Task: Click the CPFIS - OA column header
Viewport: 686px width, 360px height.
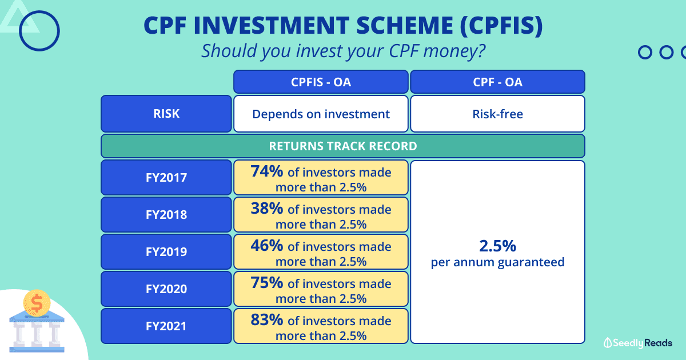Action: click(x=321, y=82)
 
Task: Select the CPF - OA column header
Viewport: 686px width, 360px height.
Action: click(x=497, y=82)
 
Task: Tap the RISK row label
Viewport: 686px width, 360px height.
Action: click(x=166, y=114)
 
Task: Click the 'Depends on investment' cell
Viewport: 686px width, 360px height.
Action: click(x=321, y=114)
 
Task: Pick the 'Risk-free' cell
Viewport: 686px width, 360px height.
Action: click(x=497, y=114)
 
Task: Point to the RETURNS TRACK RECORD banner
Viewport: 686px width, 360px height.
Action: click(x=343, y=146)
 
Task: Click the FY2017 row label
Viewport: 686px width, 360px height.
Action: click(x=166, y=178)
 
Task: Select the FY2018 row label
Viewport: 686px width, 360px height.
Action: click(x=166, y=215)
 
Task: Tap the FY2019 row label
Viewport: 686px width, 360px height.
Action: click(x=166, y=252)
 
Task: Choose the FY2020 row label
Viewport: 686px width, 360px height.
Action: click(x=166, y=289)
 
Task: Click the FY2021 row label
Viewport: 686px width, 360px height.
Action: click(x=166, y=326)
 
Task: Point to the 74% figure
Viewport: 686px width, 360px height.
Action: click(x=266, y=171)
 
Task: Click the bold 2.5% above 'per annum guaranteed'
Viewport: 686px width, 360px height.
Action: click(x=497, y=246)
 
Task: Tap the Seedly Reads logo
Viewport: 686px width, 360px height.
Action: click(x=638, y=343)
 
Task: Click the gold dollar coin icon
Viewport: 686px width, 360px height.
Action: click(x=37, y=303)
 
